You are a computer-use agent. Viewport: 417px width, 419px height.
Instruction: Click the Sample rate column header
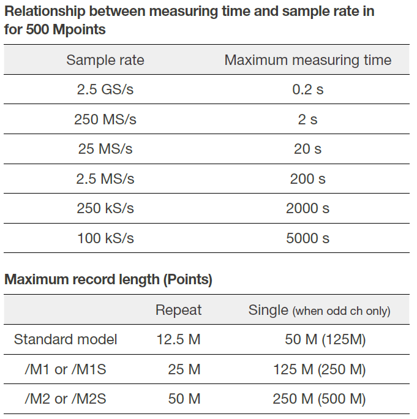105,60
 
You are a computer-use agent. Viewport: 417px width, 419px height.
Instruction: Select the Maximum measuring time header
307,60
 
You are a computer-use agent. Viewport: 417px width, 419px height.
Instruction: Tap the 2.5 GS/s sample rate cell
105,89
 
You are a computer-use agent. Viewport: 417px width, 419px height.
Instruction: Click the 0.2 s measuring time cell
307,89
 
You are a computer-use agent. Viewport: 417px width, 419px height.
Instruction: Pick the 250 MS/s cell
105,119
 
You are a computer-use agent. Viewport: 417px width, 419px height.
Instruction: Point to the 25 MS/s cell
105,149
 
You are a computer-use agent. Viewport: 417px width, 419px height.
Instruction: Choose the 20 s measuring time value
307,149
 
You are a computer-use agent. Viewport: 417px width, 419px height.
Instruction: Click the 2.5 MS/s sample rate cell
105,179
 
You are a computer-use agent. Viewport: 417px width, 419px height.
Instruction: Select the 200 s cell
307,179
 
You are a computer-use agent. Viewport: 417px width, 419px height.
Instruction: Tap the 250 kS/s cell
105,208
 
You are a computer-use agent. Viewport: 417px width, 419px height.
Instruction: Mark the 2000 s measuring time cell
307,208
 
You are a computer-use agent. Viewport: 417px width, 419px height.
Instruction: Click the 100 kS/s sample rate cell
105,238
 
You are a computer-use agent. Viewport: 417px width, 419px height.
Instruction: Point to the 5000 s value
307,238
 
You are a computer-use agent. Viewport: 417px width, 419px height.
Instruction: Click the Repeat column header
178,310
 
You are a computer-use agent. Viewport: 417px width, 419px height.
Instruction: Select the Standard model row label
66,339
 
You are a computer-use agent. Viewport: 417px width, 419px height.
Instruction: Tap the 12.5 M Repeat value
178,339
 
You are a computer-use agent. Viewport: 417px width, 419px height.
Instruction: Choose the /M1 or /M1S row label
66,369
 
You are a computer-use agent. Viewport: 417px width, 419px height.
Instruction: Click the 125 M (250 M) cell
319,369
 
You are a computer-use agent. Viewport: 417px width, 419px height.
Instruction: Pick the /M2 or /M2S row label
66,399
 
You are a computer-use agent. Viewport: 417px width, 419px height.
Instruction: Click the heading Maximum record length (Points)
108,280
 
